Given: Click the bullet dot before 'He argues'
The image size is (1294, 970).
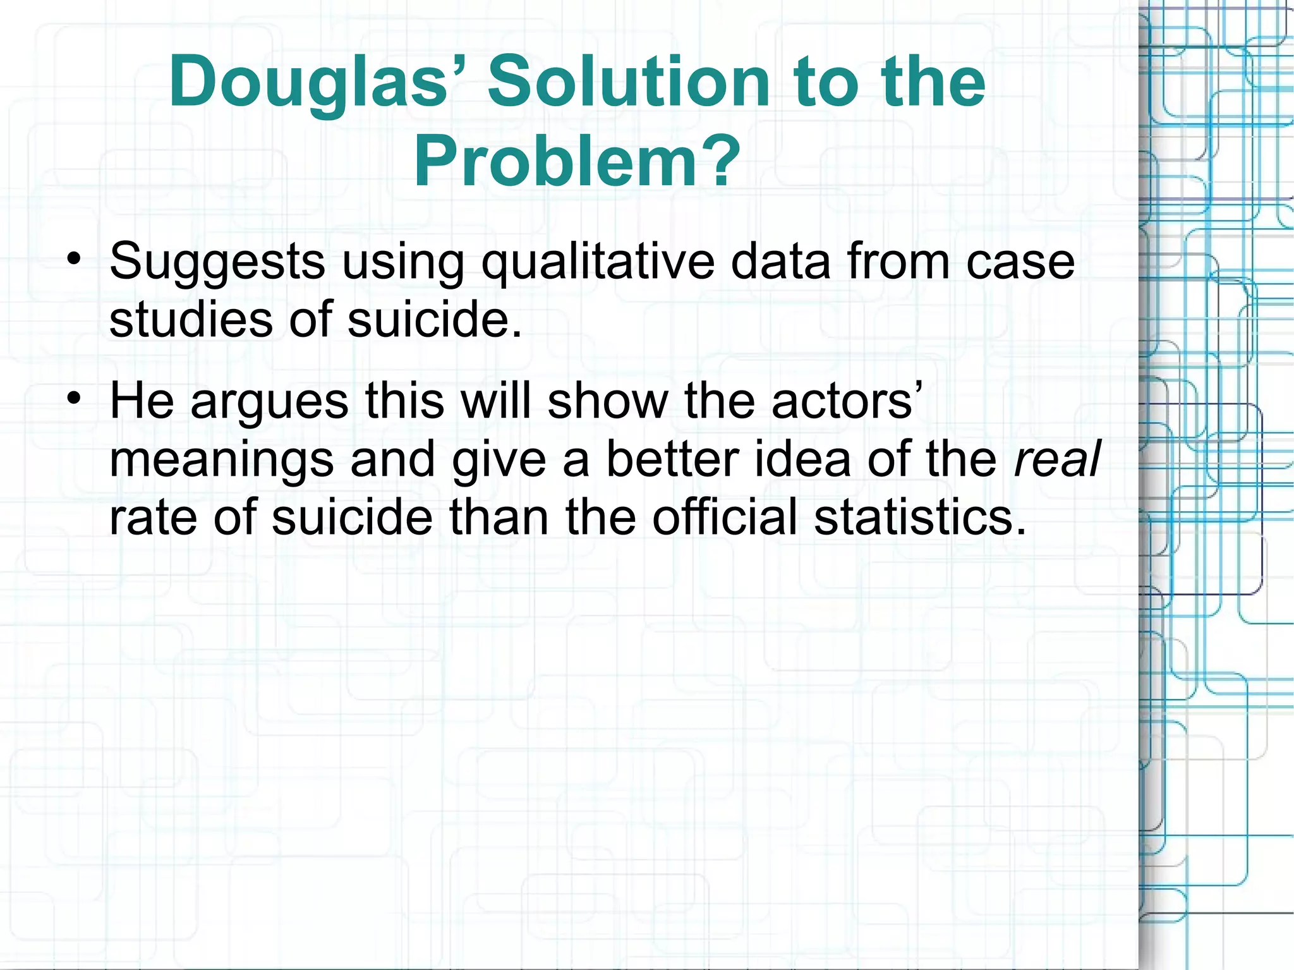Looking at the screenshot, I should [75, 399].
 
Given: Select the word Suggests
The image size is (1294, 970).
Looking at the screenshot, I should [217, 262].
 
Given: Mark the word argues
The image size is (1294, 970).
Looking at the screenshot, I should [269, 402].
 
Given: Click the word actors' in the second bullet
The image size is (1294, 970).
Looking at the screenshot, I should [847, 401].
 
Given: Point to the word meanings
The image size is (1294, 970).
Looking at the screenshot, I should [221, 460].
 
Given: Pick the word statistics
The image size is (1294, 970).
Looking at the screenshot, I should [919, 517].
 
